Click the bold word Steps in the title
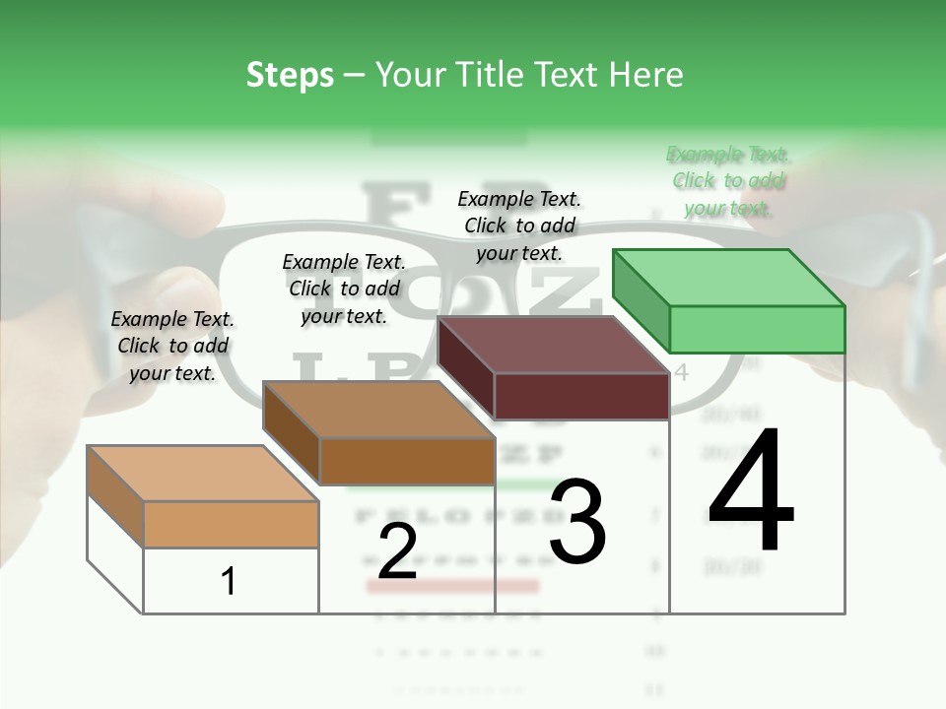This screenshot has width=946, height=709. (290, 75)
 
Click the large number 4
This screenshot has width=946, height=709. (751, 490)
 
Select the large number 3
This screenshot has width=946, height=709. (577, 522)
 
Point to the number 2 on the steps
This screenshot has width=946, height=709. (397, 551)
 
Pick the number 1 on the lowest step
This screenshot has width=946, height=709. (229, 581)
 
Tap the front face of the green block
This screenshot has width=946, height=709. (757, 329)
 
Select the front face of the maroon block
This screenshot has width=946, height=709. (581, 396)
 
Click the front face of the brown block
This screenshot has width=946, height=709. (407, 461)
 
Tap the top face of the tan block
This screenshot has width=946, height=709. (203, 474)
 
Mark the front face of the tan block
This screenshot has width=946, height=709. (231, 524)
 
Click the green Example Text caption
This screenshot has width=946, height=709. (728, 181)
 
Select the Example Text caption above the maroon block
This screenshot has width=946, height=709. (519, 226)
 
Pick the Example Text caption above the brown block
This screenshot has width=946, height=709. (344, 289)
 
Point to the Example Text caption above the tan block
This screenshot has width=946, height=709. (172, 346)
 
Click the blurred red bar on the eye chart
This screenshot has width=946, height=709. (452, 586)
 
